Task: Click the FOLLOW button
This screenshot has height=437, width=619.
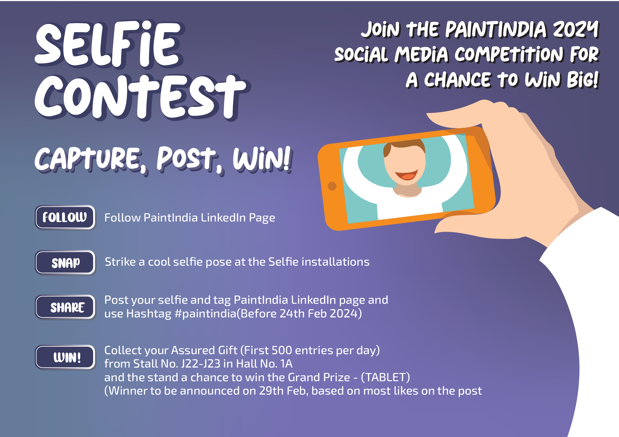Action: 65,217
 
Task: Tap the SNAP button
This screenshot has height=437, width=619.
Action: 65,262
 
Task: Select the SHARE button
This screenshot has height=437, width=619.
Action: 65,307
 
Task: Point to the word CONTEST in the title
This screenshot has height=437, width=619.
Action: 141,97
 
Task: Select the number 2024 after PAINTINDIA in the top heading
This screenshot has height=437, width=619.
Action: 576,30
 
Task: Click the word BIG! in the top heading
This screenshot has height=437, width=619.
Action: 583,79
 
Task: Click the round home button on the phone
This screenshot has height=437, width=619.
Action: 332,186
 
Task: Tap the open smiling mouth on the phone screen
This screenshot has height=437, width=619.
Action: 406,174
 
